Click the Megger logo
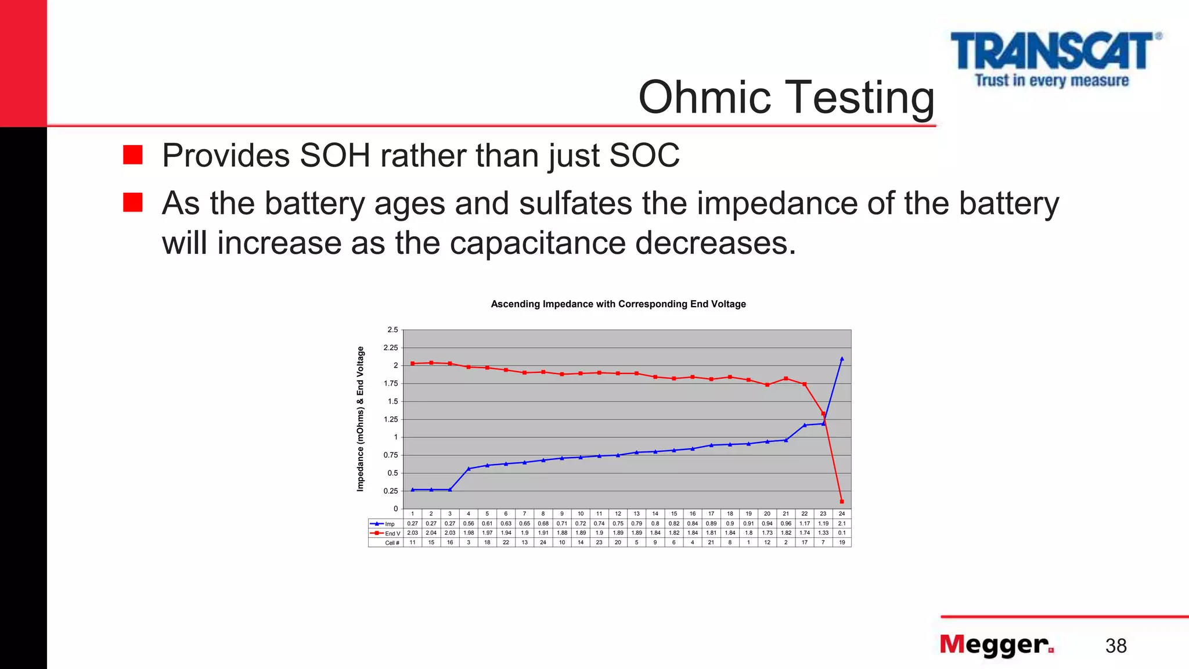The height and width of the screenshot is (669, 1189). [996, 645]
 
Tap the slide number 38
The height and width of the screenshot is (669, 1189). [1116, 646]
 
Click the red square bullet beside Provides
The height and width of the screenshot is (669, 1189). [133, 155]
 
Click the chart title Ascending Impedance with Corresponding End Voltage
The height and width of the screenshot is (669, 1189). [618, 304]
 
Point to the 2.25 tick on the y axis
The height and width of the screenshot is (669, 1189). [391, 348]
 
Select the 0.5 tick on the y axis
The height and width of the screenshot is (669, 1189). [392, 473]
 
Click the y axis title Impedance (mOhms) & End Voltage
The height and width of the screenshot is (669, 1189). [361, 419]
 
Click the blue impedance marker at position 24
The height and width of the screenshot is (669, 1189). [842, 359]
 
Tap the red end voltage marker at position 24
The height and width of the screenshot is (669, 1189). [842, 501]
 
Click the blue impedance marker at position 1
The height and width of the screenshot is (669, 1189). [412, 490]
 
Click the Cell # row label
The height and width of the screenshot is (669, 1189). [392, 543]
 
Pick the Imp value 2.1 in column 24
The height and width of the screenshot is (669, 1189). [842, 524]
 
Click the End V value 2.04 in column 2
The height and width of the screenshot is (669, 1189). [431, 533]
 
